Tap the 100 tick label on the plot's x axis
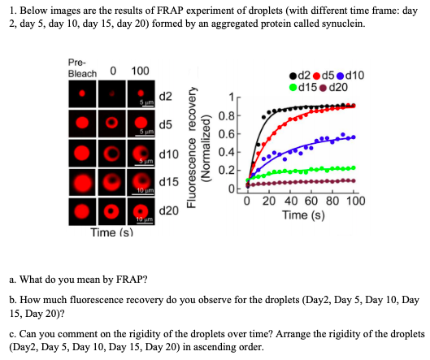click(354, 203)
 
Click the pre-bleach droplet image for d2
click(82, 95)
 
